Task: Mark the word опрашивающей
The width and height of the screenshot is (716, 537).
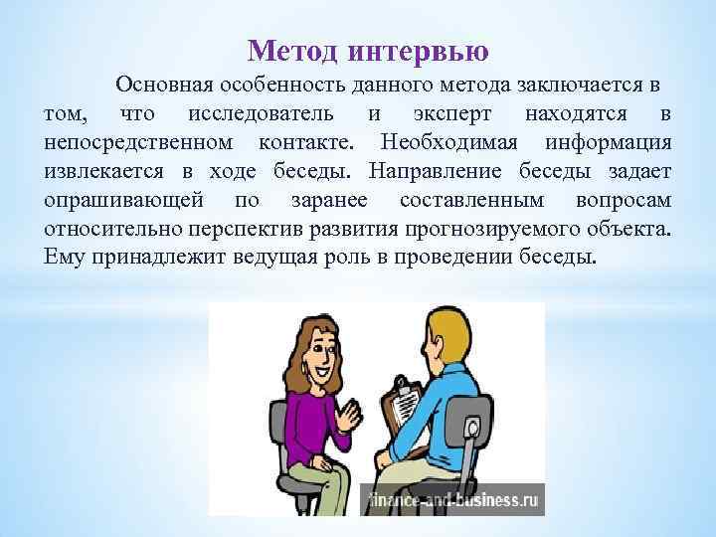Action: (123, 200)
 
